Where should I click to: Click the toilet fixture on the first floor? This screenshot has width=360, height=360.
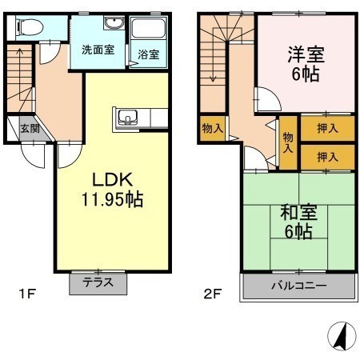click(x=30, y=27)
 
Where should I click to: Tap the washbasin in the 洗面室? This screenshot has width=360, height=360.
click(x=114, y=23)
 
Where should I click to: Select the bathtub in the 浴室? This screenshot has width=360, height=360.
click(x=149, y=28)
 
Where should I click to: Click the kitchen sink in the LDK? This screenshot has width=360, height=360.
click(x=128, y=118)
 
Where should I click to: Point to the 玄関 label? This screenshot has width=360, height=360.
click(x=30, y=129)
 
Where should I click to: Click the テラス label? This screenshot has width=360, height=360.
click(x=98, y=282)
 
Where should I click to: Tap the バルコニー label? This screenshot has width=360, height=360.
click(x=298, y=286)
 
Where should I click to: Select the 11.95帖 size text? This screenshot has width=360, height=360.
click(x=112, y=199)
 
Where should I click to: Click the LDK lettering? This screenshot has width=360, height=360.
click(x=112, y=180)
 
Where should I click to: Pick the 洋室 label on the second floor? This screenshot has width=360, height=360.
click(x=306, y=54)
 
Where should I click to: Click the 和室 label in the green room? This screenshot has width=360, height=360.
click(x=298, y=213)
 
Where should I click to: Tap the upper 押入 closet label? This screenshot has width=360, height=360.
click(x=327, y=129)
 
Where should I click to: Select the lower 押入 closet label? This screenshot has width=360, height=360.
click(x=327, y=157)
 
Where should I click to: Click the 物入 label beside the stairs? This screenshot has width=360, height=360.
click(x=212, y=129)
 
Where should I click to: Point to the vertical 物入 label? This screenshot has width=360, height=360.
click(x=288, y=142)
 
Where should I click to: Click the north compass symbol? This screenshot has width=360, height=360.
click(x=342, y=336)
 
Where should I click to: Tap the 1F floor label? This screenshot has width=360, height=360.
click(x=27, y=294)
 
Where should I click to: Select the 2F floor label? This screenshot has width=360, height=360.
click(x=213, y=294)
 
